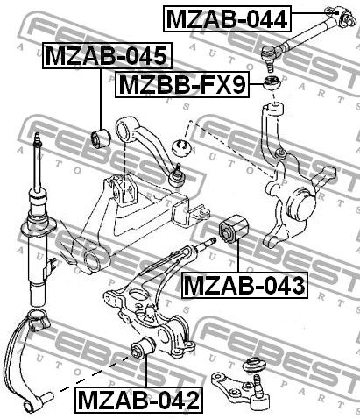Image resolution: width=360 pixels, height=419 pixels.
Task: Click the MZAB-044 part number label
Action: (x=227, y=19)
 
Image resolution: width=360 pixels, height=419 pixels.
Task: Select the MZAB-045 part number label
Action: (x=107, y=55)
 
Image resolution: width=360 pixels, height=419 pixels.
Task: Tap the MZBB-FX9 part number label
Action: (x=182, y=84)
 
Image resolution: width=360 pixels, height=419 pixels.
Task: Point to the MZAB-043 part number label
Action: (x=244, y=285)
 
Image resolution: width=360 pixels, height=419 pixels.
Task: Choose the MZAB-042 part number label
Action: (x=139, y=400)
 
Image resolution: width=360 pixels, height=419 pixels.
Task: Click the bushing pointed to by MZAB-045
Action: (x=101, y=138)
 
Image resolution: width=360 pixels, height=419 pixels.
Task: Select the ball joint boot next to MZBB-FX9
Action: (x=272, y=82)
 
